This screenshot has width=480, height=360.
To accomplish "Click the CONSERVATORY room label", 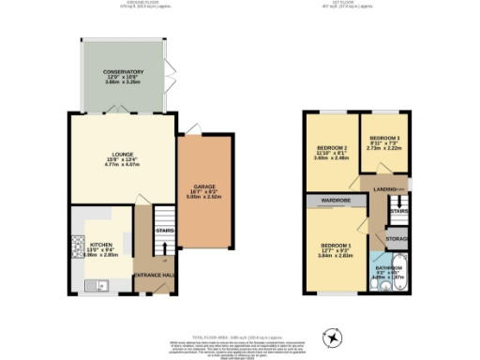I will (124, 72).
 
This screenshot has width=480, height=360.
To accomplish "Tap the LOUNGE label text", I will (122, 155).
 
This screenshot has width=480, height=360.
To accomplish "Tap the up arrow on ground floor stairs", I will (165, 247).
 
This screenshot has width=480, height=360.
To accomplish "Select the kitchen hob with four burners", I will (77, 247).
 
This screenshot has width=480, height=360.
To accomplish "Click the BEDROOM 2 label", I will (332, 148).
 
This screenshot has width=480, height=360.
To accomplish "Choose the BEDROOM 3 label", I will (384, 139).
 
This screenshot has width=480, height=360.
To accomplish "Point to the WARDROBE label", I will (333, 201).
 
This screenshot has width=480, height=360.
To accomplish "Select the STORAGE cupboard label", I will (397, 240).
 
